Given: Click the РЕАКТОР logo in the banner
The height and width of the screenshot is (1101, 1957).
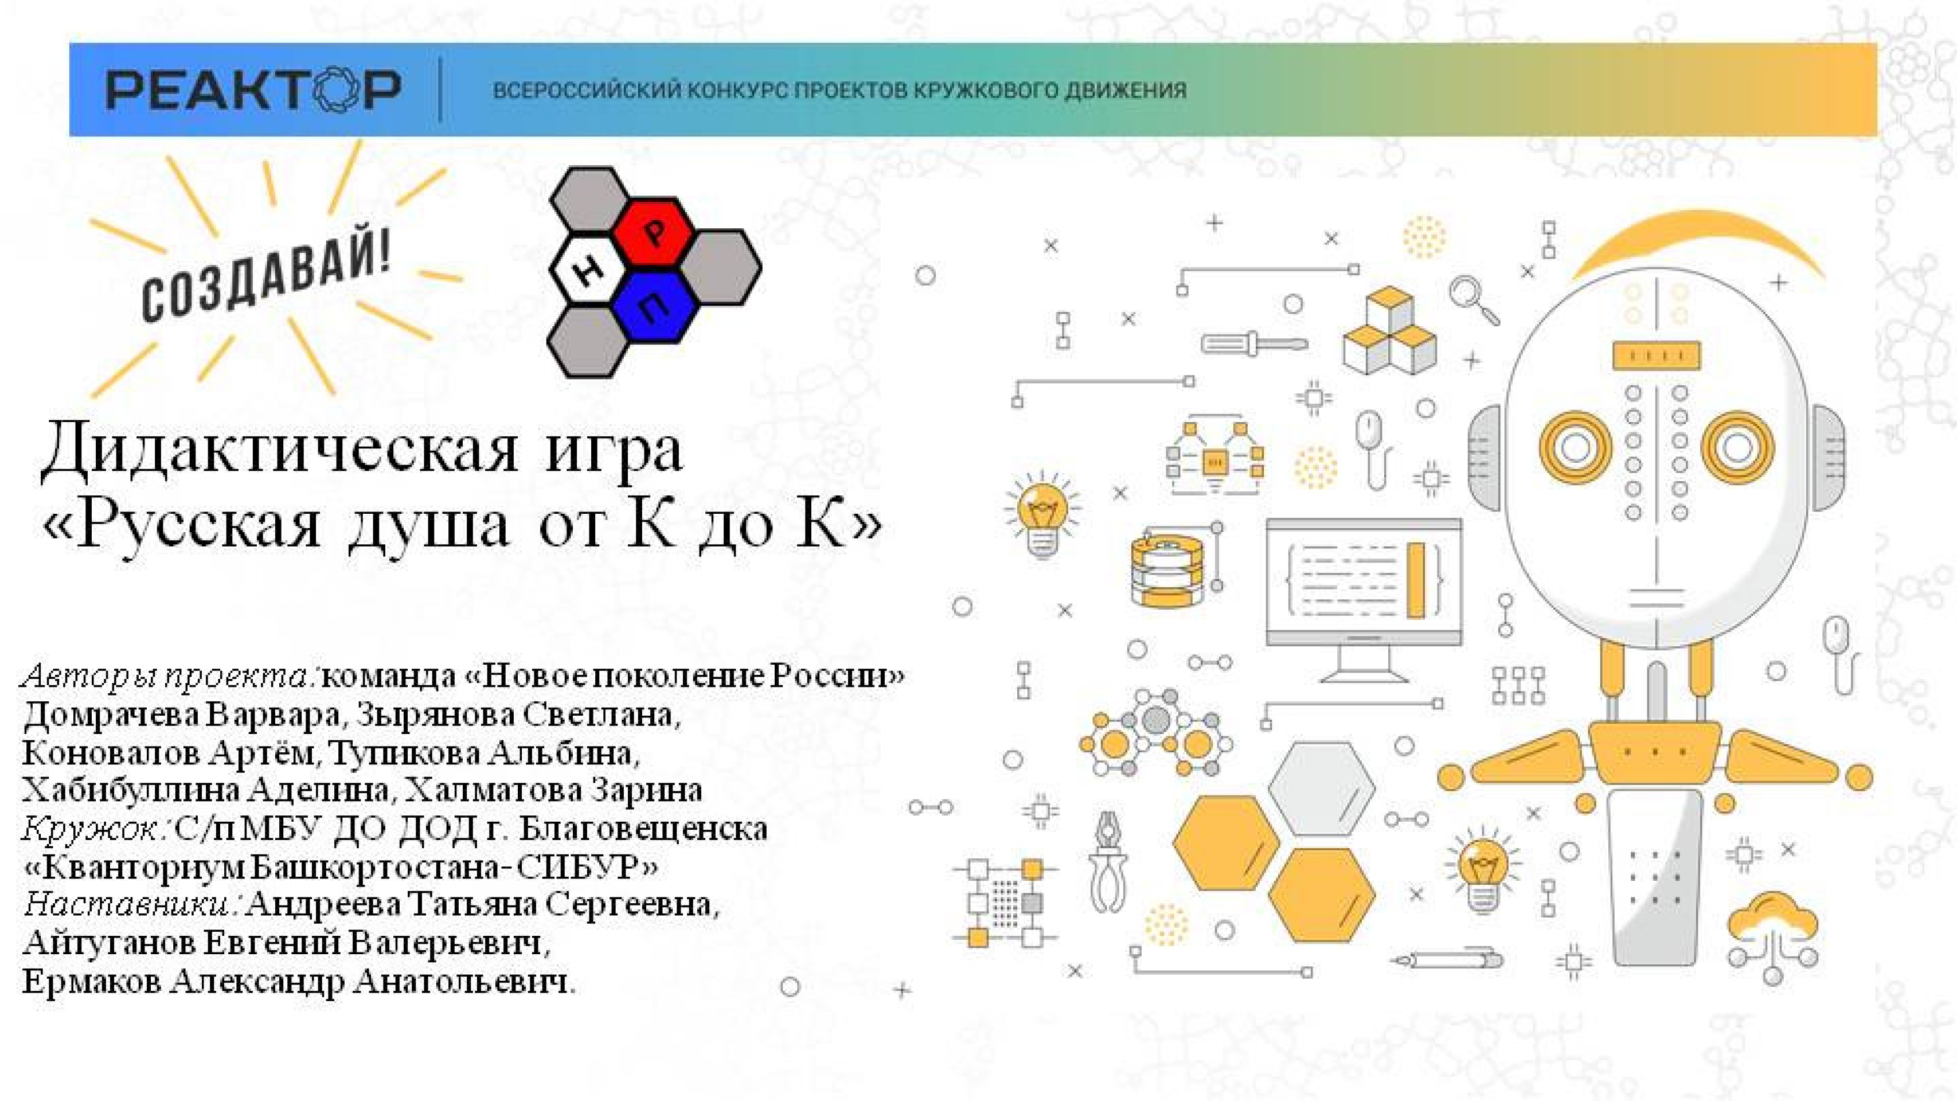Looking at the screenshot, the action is [x=253, y=89].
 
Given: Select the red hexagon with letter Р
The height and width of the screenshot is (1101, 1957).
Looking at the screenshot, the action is [x=653, y=232].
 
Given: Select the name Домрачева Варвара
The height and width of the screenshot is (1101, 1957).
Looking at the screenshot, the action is [x=182, y=715].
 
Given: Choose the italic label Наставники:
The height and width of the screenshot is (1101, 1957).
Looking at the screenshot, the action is [x=133, y=904].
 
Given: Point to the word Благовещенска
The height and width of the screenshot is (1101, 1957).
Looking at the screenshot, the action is [x=643, y=828].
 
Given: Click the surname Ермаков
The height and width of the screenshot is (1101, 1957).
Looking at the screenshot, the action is [x=91, y=981].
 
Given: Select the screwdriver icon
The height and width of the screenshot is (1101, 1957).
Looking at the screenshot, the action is [x=1253, y=344].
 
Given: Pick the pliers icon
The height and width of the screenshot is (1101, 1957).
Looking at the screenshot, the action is [x=1108, y=862].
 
